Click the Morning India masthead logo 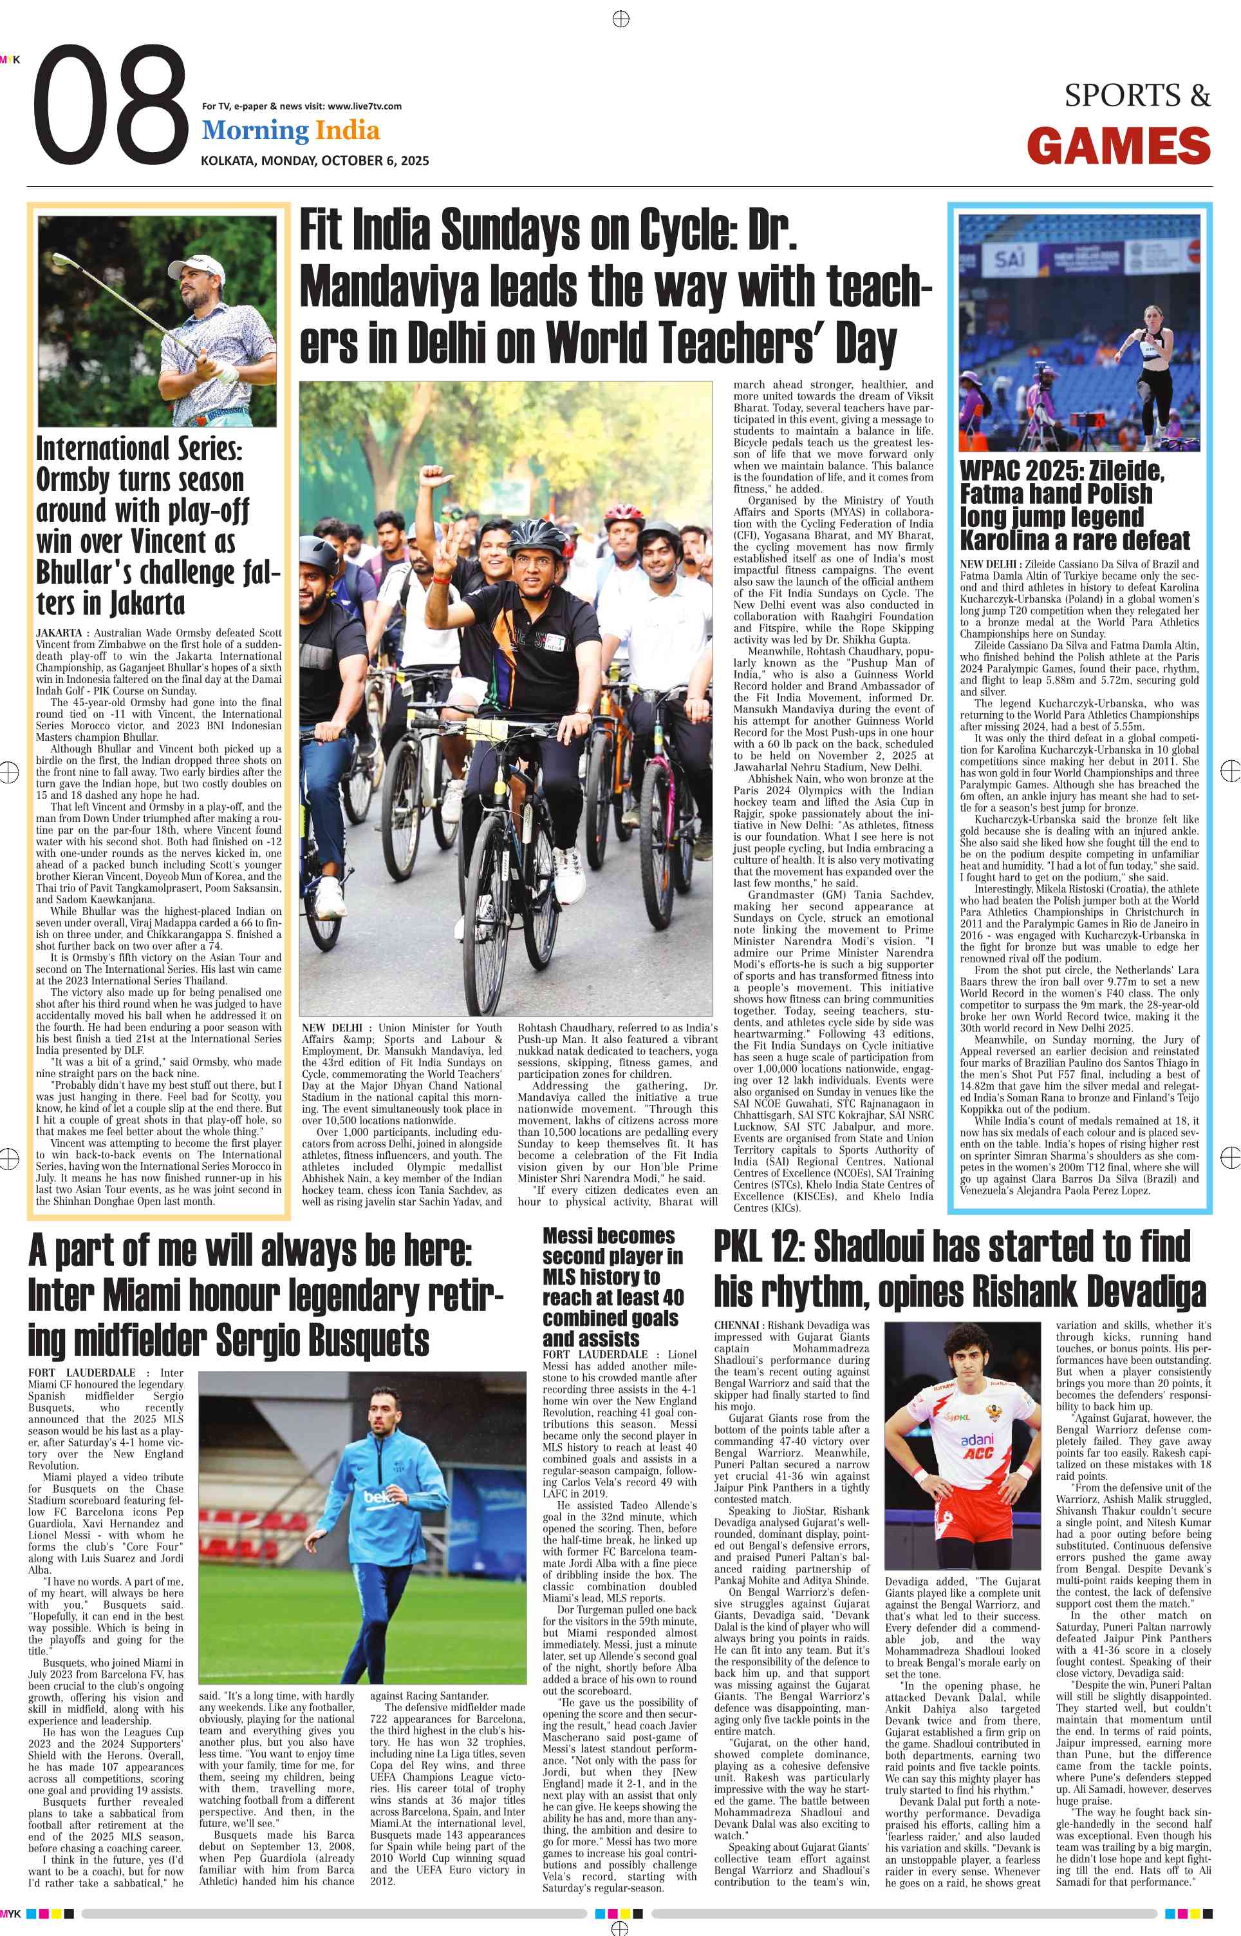click(x=290, y=131)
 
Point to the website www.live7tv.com click(x=364, y=106)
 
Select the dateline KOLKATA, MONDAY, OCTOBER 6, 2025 click(x=314, y=160)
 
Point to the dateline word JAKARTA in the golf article click(x=59, y=633)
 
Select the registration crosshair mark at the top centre click(x=620, y=19)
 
